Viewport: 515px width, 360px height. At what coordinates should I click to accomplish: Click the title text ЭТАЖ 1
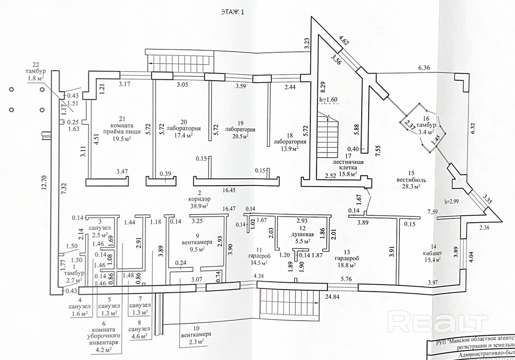pyautogui.click(x=233, y=12)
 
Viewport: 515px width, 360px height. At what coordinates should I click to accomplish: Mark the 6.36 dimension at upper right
pyautogui.click(x=424, y=68)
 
